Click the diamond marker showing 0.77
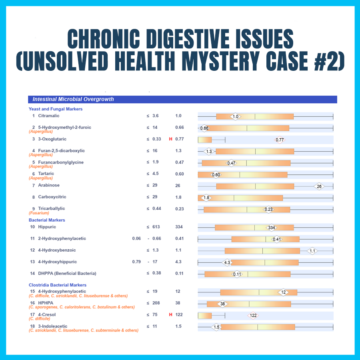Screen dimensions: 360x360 point(280,140)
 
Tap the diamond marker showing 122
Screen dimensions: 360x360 point(253,315)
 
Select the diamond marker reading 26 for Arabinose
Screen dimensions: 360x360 point(319,186)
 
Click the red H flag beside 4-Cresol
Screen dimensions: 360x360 point(171,315)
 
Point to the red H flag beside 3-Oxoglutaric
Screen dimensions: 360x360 point(171,139)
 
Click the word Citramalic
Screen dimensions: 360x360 point(49,116)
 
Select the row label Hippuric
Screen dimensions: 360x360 point(47,227)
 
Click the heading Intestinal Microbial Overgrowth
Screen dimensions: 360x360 point(73,99)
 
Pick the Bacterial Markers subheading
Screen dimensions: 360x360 point(47,220)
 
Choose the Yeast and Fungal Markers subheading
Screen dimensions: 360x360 point(56,109)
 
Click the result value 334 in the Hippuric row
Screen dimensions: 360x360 point(179,227)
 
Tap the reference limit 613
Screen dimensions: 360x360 point(156,227)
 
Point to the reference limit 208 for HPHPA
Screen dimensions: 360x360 point(156,303)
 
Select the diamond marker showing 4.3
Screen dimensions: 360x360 point(227,263)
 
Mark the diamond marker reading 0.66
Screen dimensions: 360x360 point(204,128)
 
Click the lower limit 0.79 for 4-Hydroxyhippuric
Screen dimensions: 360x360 point(136,262)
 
